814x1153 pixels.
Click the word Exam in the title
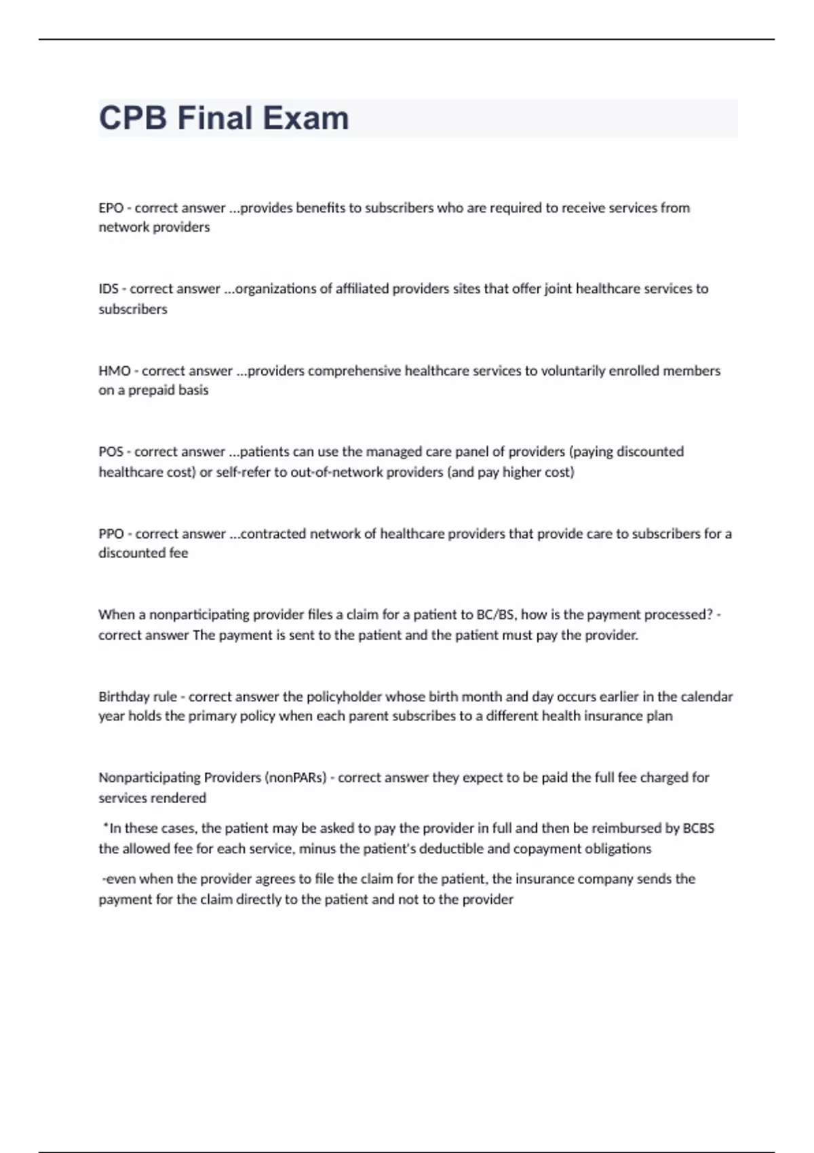pyautogui.click(x=306, y=118)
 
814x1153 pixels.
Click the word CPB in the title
pyautogui.click(x=133, y=118)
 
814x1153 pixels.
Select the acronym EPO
pyautogui.click(x=111, y=208)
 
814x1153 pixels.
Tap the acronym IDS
pyautogui.click(x=109, y=289)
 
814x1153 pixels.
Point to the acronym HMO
pyautogui.click(x=115, y=371)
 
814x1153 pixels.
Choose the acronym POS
pyautogui.click(x=111, y=452)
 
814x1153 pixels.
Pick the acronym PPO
pyautogui.click(x=111, y=534)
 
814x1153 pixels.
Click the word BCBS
pyautogui.click(x=698, y=828)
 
